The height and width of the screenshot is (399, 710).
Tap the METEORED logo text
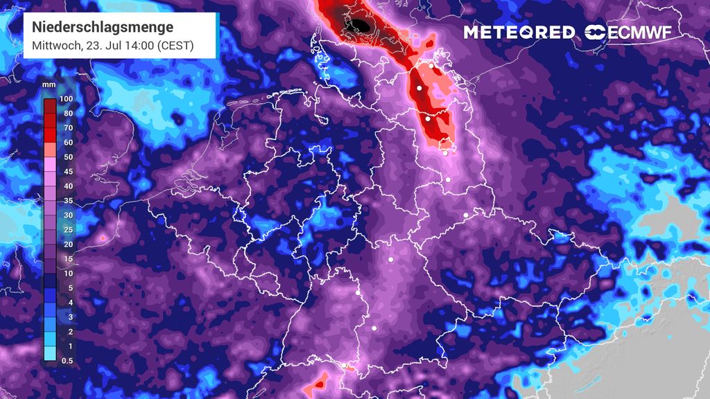coord(519,33)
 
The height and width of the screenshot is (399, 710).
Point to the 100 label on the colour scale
coord(67,98)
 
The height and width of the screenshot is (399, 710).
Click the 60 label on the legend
coord(67,142)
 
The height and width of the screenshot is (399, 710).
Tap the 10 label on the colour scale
coord(67,273)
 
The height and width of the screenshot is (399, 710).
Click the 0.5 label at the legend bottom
coord(67,360)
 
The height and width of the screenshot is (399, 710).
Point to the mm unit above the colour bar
coord(49,85)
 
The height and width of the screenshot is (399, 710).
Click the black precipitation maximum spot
coord(362,26)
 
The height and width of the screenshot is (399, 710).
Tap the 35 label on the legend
coord(67,200)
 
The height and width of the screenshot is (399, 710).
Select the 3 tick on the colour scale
coord(67,317)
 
